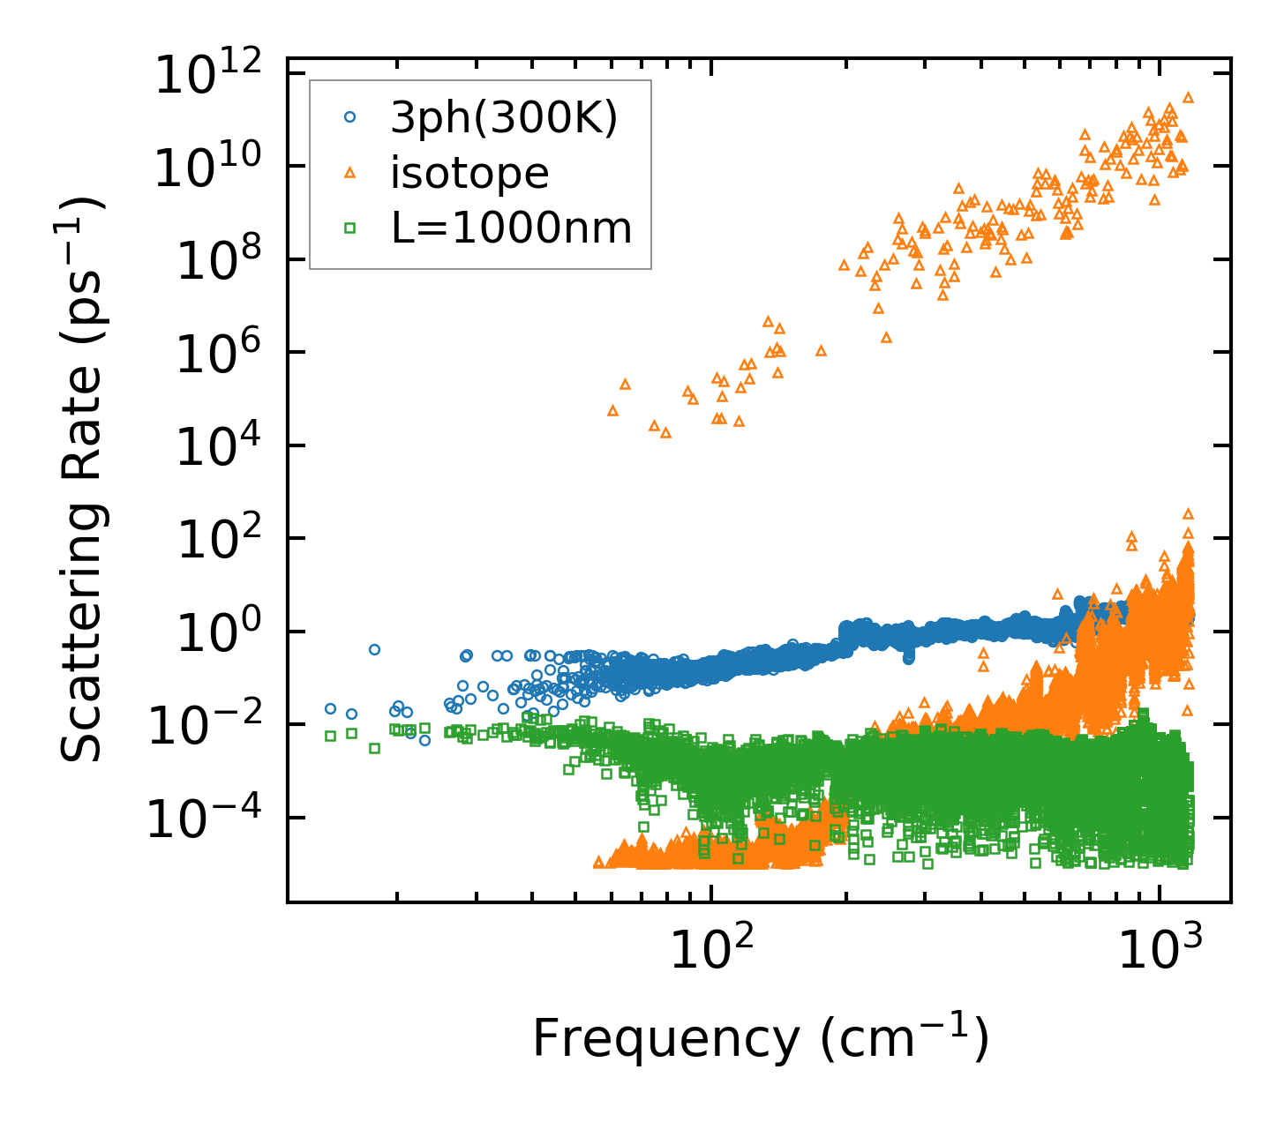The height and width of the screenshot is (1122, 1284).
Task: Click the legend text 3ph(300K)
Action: point(504,118)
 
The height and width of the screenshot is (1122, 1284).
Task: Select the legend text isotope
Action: point(469,173)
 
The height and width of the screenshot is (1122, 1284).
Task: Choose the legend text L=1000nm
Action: point(512,228)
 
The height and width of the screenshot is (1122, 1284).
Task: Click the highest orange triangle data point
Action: point(1188,97)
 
